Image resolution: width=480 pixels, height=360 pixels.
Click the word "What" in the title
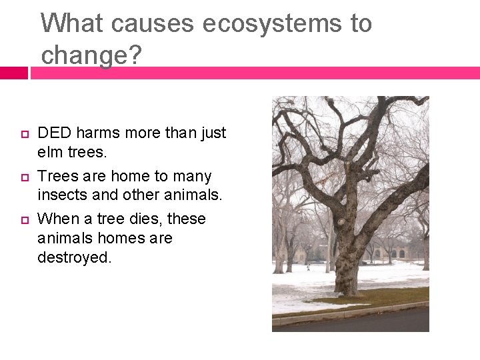tap(73, 23)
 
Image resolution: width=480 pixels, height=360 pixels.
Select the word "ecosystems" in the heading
tap(266, 23)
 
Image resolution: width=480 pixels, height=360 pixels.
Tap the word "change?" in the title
tap(91, 55)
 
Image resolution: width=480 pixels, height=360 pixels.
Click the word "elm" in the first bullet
tap(51, 153)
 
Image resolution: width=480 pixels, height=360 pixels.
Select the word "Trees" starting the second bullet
tap(57, 177)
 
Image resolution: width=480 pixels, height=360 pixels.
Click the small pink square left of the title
tap(13, 73)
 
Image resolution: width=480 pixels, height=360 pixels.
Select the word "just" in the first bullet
tap(213, 133)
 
